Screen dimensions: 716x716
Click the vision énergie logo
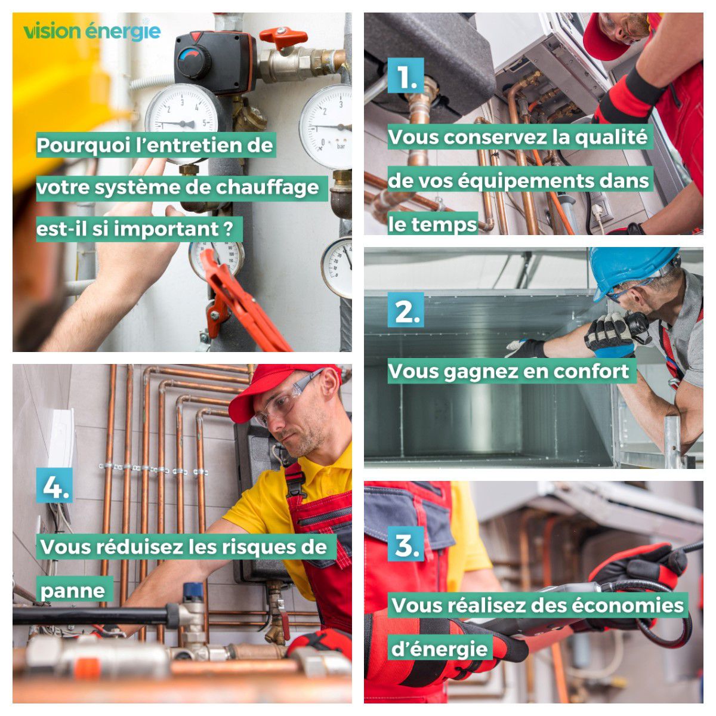point(92,31)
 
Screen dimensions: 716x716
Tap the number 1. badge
point(406,75)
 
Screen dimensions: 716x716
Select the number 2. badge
point(406,310)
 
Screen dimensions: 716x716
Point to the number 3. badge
point(406,544)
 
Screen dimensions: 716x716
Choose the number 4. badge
point(54,485)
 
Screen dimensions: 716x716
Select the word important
point(166,229)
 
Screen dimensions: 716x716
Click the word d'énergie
point(440,649)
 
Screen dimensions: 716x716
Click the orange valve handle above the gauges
point(283,37)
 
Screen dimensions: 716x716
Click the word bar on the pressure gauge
point(341,146)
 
